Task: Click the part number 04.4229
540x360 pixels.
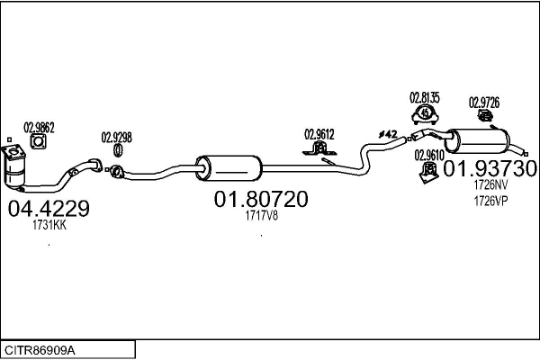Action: pos(49,209)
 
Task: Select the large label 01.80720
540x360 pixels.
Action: pos(261,199)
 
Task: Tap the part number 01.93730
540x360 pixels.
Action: pos(490,169)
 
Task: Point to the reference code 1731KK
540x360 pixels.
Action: pos(49,225)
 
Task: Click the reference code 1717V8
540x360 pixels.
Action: pos(261,216)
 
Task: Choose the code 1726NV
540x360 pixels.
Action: pos(490,185)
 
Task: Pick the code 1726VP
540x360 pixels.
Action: pos(490,201)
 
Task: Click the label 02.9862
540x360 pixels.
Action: pos(39,128)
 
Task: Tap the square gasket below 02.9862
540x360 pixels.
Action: pos(38,141)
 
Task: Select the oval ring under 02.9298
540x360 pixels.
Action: pos(118,150)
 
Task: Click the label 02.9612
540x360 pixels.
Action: pos(319,134)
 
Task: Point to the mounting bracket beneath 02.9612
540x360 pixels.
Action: pos(319,148)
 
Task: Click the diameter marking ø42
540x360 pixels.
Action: pos(388,134)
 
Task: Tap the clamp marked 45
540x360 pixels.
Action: pos(425,115)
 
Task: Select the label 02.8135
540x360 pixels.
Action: pos(425,98)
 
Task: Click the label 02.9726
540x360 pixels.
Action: pos(484,103)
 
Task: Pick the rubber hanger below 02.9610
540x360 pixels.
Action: pos(428,173)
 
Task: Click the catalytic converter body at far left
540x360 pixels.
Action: pos(13,167)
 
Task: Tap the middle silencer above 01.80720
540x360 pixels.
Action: pos(229,168)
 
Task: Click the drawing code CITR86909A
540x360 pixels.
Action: pos(40,350)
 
